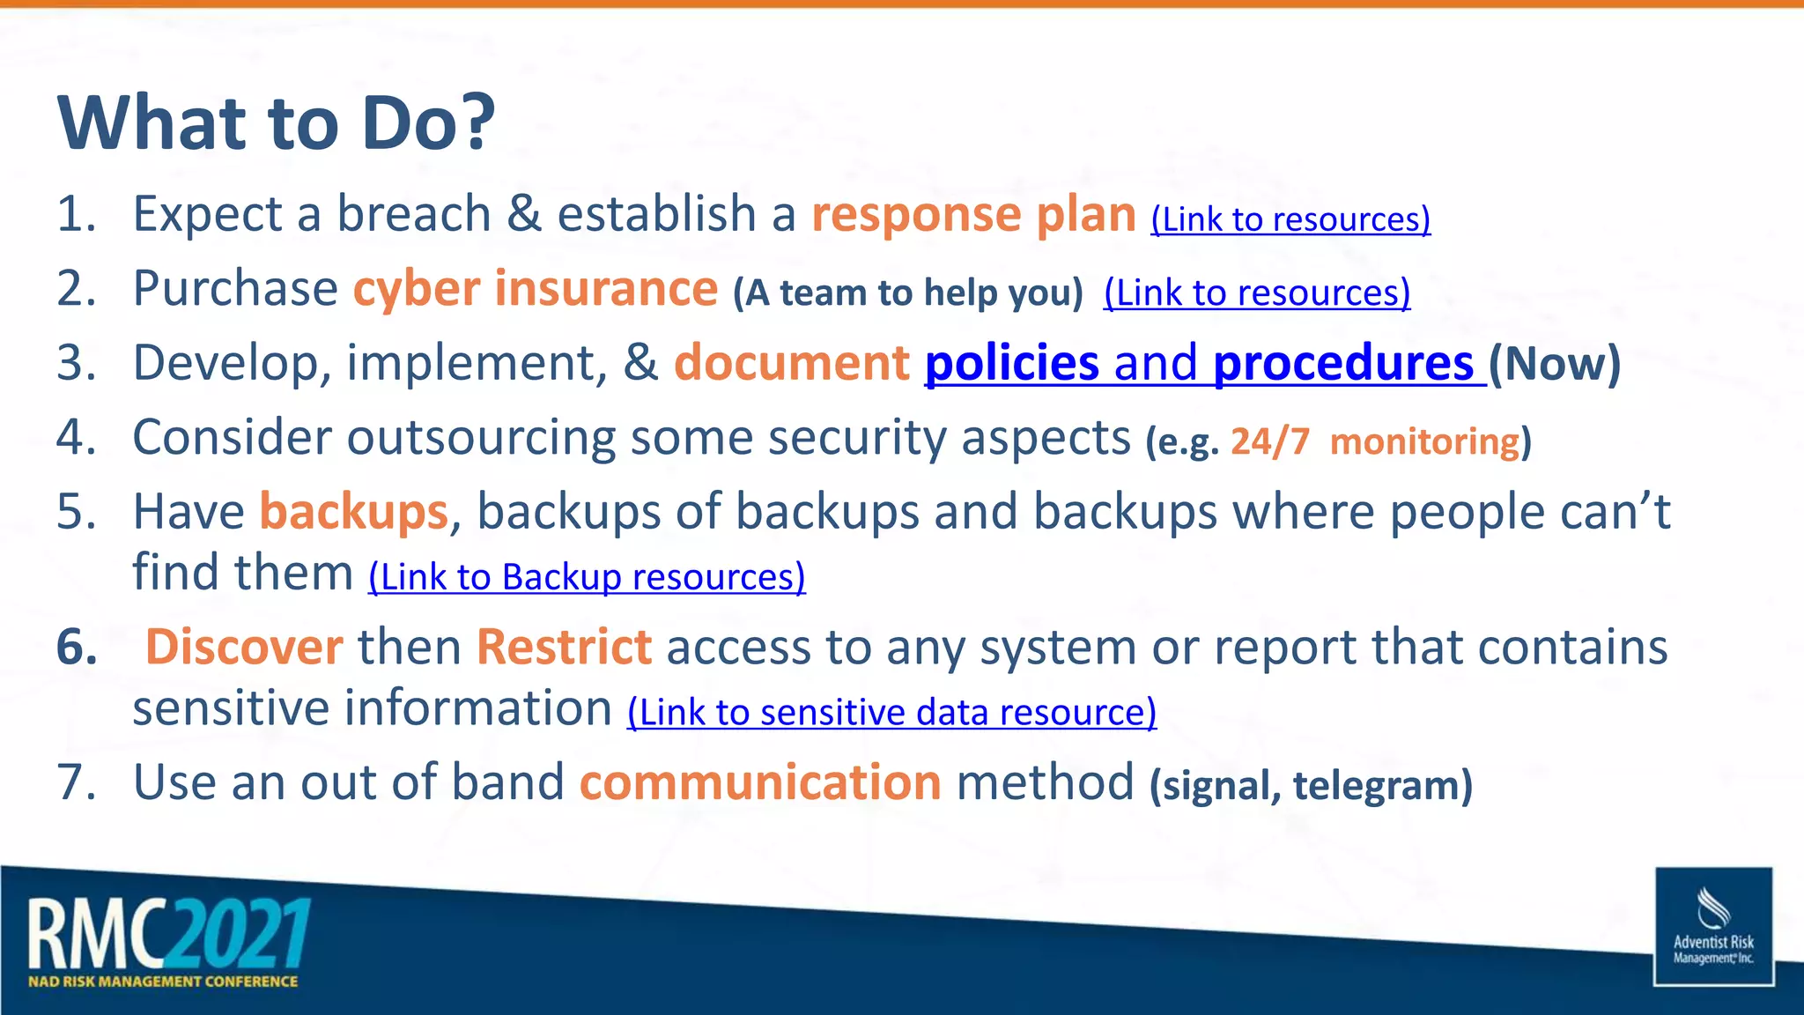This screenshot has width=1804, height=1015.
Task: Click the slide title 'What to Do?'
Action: tap(277, 122)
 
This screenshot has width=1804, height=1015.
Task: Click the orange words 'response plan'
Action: tap(973, 214)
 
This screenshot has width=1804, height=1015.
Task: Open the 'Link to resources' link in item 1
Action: tap(1290, 219)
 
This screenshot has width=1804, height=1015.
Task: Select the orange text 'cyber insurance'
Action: tap(536, 289)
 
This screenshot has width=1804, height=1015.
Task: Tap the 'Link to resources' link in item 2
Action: tap(1257, 293)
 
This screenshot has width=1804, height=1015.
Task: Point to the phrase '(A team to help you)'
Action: tap(907, 293)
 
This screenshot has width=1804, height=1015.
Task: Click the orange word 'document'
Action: tap(791, 363)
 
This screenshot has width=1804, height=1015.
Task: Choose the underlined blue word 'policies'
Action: tap(1011, 363)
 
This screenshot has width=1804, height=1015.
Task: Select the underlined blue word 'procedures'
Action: tap(1342, 363)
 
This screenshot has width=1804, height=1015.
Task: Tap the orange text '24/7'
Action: tap(1269, 441)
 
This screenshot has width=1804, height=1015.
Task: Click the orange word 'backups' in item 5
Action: tap(353, 512)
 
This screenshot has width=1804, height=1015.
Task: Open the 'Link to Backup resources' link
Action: tap(587, 577)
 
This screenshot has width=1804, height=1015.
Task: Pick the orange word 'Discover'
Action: tap(244, 647)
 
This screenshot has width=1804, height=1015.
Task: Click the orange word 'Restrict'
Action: tap(564, 647)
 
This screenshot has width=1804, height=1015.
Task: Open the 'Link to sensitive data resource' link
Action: tap(891, 712)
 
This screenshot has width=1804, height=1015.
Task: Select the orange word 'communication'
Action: tap(760, 782)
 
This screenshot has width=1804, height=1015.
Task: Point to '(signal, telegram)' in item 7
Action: tap(1311, 785)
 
